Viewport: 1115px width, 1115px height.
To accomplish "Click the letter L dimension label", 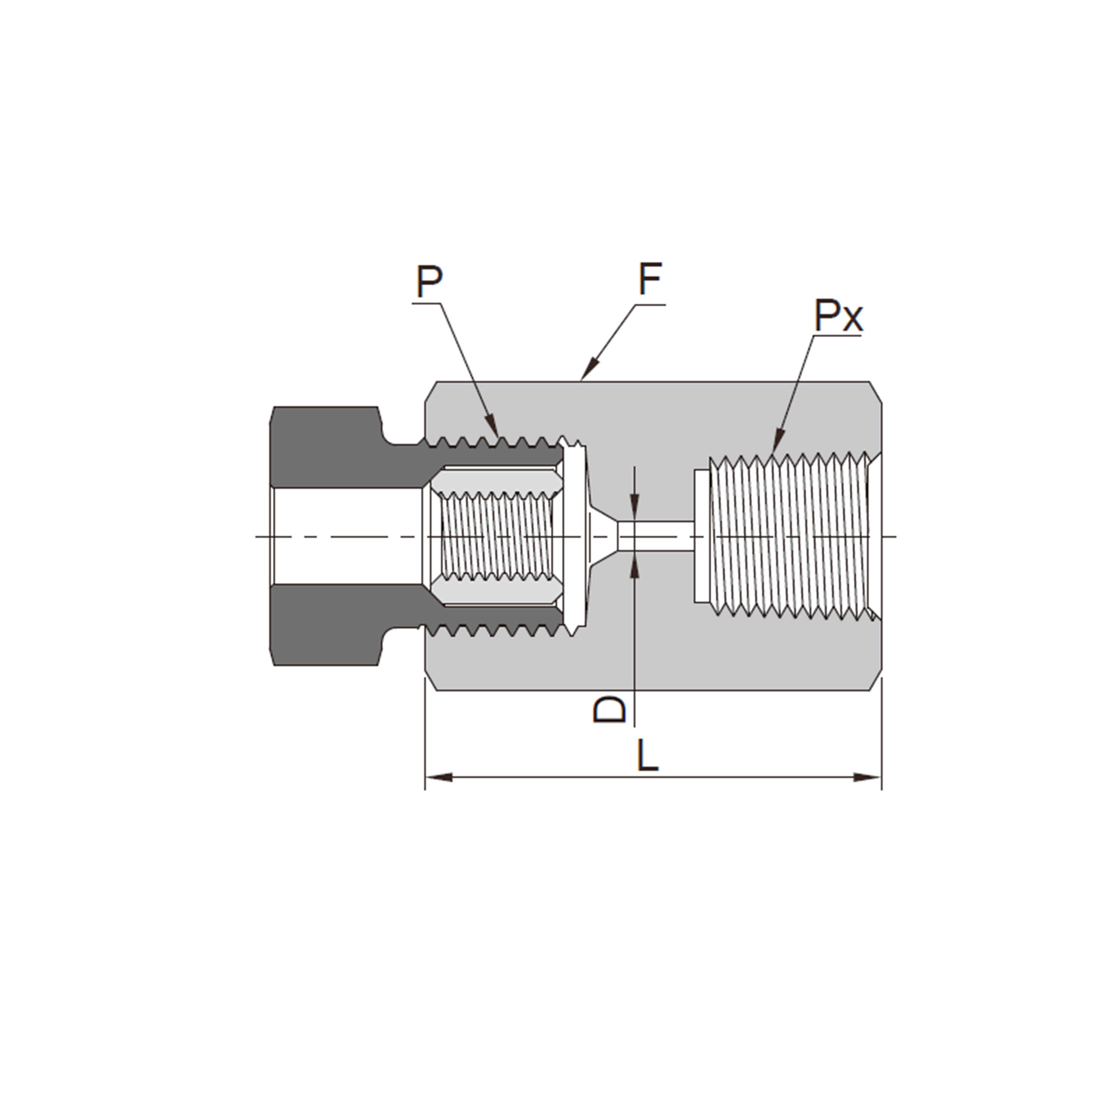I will click(x=648, y=756).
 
